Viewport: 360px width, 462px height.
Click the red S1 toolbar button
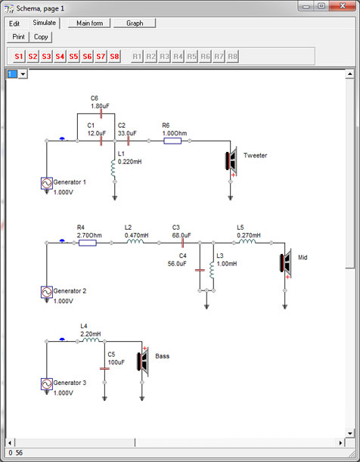click(x=19, y=56)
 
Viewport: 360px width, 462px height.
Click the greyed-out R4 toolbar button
click(x=178, y=56)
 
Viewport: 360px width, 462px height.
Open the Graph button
click(x=135, y=23)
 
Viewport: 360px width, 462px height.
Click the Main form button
click(x=89, y=23)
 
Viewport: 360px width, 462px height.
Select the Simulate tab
click(x=44, y=23)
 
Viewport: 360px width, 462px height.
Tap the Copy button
click(x=41, y=37)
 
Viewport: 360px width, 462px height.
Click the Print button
click(x=18, y=37)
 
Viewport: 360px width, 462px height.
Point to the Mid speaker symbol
click(x=285, y=263)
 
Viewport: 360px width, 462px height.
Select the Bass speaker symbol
click(x=143, y=361)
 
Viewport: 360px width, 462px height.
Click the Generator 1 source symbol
click(x=47, y=183)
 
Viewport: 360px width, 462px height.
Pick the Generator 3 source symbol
click(x=47, y=384)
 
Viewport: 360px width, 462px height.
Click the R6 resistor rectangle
click(x=172, y=141)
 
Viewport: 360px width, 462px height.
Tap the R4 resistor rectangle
click(x=88, y=243)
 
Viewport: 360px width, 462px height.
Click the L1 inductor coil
click(x=113, y=169)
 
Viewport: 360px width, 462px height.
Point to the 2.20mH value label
click(x=91, y=333)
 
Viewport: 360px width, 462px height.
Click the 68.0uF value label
click(x=182, y=235)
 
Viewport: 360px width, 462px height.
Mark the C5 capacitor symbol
click(x=104, y=368)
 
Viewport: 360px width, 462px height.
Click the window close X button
click(x=343, y=6)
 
